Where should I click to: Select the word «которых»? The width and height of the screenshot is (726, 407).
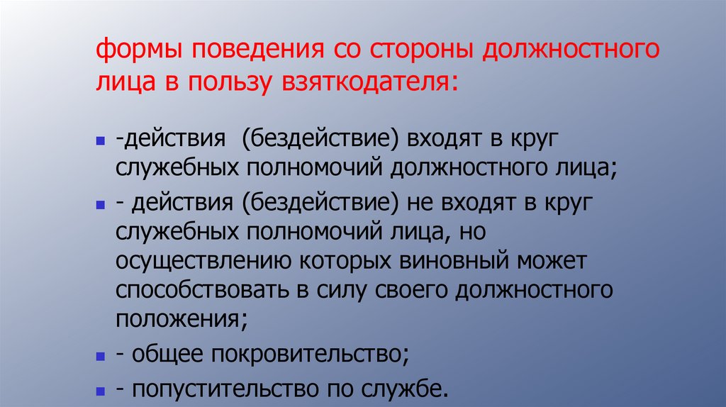[340, 262]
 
